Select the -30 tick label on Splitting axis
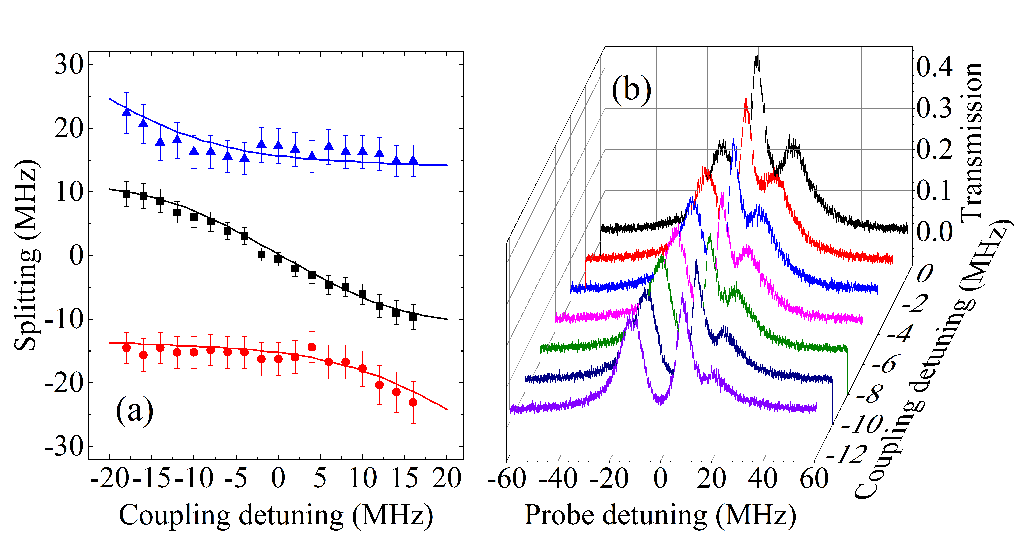point(64,447)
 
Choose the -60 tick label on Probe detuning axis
point(507,479)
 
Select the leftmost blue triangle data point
point(126,112)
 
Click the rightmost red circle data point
point(413,402)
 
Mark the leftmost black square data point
point(126,194)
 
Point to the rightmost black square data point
point(413,317)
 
